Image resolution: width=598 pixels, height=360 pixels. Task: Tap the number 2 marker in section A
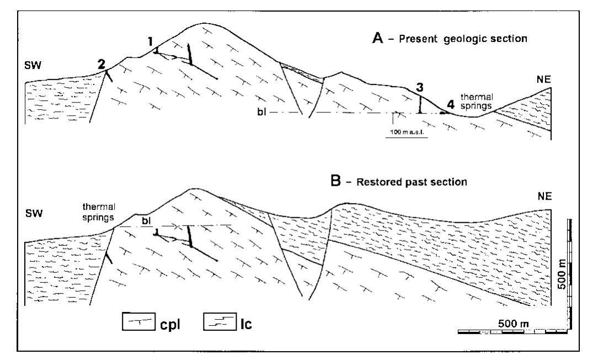[102, 64]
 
